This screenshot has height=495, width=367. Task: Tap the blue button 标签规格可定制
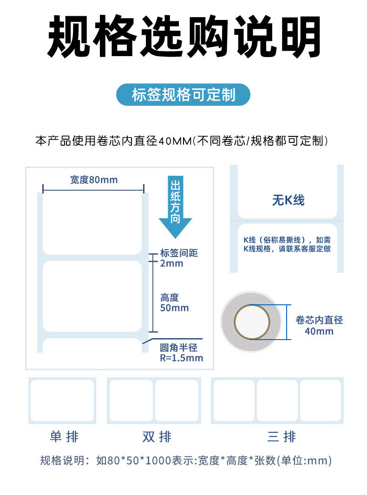(183, 95)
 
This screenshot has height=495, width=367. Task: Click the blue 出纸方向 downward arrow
(175, 206)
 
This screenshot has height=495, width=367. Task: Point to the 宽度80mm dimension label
(94, 180)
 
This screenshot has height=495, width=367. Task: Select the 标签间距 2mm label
(178, 258)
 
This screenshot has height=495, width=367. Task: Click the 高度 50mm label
(174, 303)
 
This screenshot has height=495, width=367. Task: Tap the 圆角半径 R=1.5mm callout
(181, 353)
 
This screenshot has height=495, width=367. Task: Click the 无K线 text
(288, 200)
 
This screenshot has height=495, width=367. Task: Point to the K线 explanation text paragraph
(287, 244)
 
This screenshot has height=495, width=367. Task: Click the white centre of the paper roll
(252, 321)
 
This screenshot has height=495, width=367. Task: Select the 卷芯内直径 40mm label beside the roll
(319, 325)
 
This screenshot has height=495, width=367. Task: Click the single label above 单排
(62, 400)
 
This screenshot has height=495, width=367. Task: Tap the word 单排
(64, 437)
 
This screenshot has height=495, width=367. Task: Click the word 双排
(157, 437)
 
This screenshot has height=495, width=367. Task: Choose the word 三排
(282, 437)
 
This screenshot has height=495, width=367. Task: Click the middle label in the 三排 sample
(277, 400)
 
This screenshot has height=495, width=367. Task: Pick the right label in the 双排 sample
(177, 400)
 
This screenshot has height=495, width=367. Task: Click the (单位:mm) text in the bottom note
(305, 461)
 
